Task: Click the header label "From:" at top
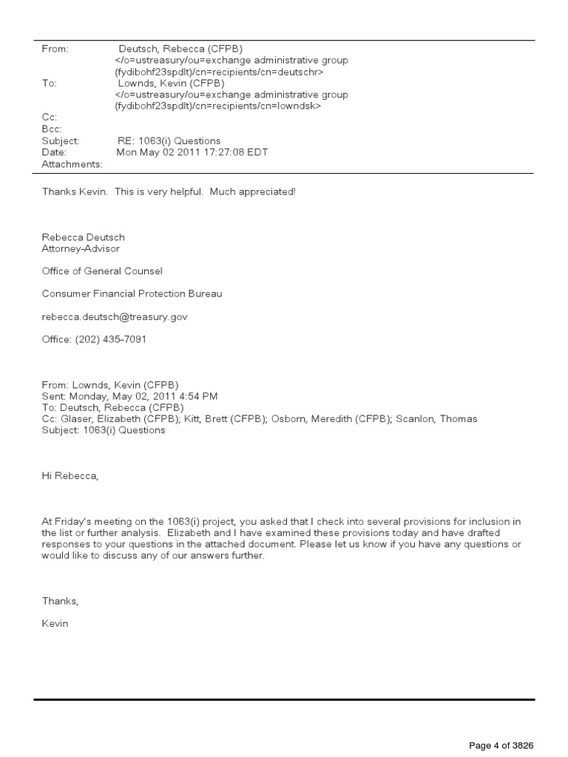55,49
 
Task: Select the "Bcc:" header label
53,129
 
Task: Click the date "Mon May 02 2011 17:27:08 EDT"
193,152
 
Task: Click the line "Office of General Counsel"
102,271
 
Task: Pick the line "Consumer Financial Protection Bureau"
132,293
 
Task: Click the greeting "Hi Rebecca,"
70,476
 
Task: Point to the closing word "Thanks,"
60,601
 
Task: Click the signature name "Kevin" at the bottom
55,623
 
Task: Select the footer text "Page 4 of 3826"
501,744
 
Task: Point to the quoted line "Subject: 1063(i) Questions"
104,430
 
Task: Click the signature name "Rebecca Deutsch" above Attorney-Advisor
84,237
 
